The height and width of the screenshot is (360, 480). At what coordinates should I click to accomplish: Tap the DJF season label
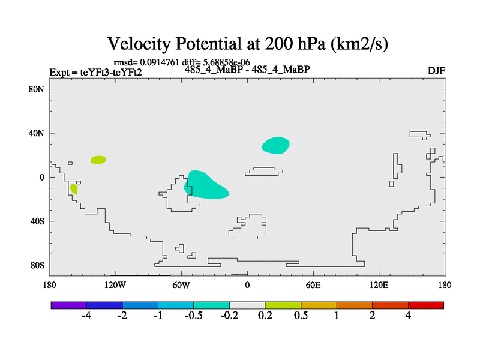point(436,71)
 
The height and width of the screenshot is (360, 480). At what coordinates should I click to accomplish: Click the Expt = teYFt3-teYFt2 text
point(95,73)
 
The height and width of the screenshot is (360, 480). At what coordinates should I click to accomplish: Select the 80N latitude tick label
point(37,89)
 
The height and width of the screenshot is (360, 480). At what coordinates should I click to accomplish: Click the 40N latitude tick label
point(37,133)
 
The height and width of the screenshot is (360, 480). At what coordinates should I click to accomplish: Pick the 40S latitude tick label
point(37,221)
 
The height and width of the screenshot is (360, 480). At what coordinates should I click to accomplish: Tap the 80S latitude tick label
point(37,265)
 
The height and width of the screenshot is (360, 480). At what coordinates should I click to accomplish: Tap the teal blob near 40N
point(275,145)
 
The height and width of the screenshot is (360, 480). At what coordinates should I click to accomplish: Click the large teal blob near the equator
point(205,185)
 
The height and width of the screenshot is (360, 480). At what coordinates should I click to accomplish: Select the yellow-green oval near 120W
point(98,160)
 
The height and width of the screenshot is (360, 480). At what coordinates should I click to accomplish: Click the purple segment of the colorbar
point(69,305)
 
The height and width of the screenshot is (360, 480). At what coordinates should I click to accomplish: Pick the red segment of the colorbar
point(426,305)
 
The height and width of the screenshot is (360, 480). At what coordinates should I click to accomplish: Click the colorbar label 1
point(337,316)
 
